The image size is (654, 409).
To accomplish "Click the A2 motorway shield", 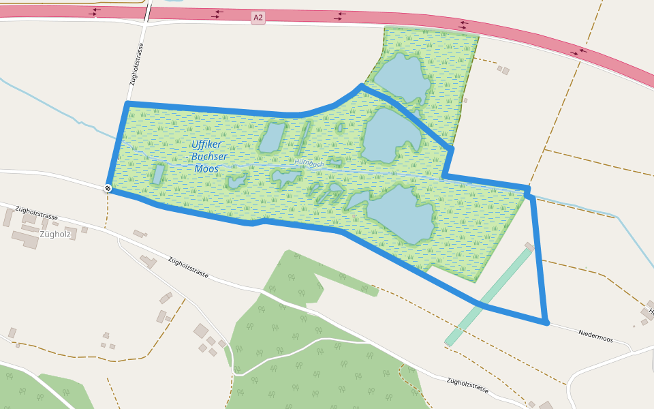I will (258, 18).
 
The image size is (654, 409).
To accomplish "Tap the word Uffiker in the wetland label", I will (206, 145).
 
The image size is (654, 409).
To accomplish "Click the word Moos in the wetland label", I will (206, 168).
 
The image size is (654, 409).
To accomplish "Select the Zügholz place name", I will (55, 234).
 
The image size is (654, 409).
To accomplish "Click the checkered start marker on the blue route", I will (108, 187).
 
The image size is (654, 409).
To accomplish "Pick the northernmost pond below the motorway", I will (400, 78).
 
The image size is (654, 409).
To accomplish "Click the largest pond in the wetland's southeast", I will (403, 213).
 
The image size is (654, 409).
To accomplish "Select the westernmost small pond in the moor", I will (158, 174).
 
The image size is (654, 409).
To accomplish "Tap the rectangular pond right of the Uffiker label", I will (272, 137).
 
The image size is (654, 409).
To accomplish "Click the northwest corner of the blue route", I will (127, 104).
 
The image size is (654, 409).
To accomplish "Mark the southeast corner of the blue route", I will (546, 322).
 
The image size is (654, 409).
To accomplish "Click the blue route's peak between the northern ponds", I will (361, 86).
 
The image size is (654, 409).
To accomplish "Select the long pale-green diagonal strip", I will (488, 297).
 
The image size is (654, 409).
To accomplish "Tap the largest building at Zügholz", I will (25, 239).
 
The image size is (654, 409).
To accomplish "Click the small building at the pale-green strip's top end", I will (529, 246).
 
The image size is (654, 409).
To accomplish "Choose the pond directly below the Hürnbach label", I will (285, 178).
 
